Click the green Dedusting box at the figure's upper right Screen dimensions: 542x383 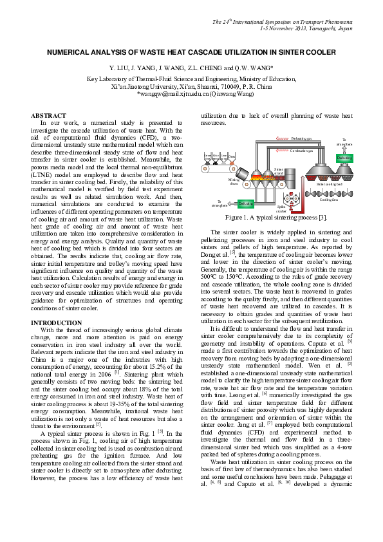(345, 158)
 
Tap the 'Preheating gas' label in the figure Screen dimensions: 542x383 (302, 138)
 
